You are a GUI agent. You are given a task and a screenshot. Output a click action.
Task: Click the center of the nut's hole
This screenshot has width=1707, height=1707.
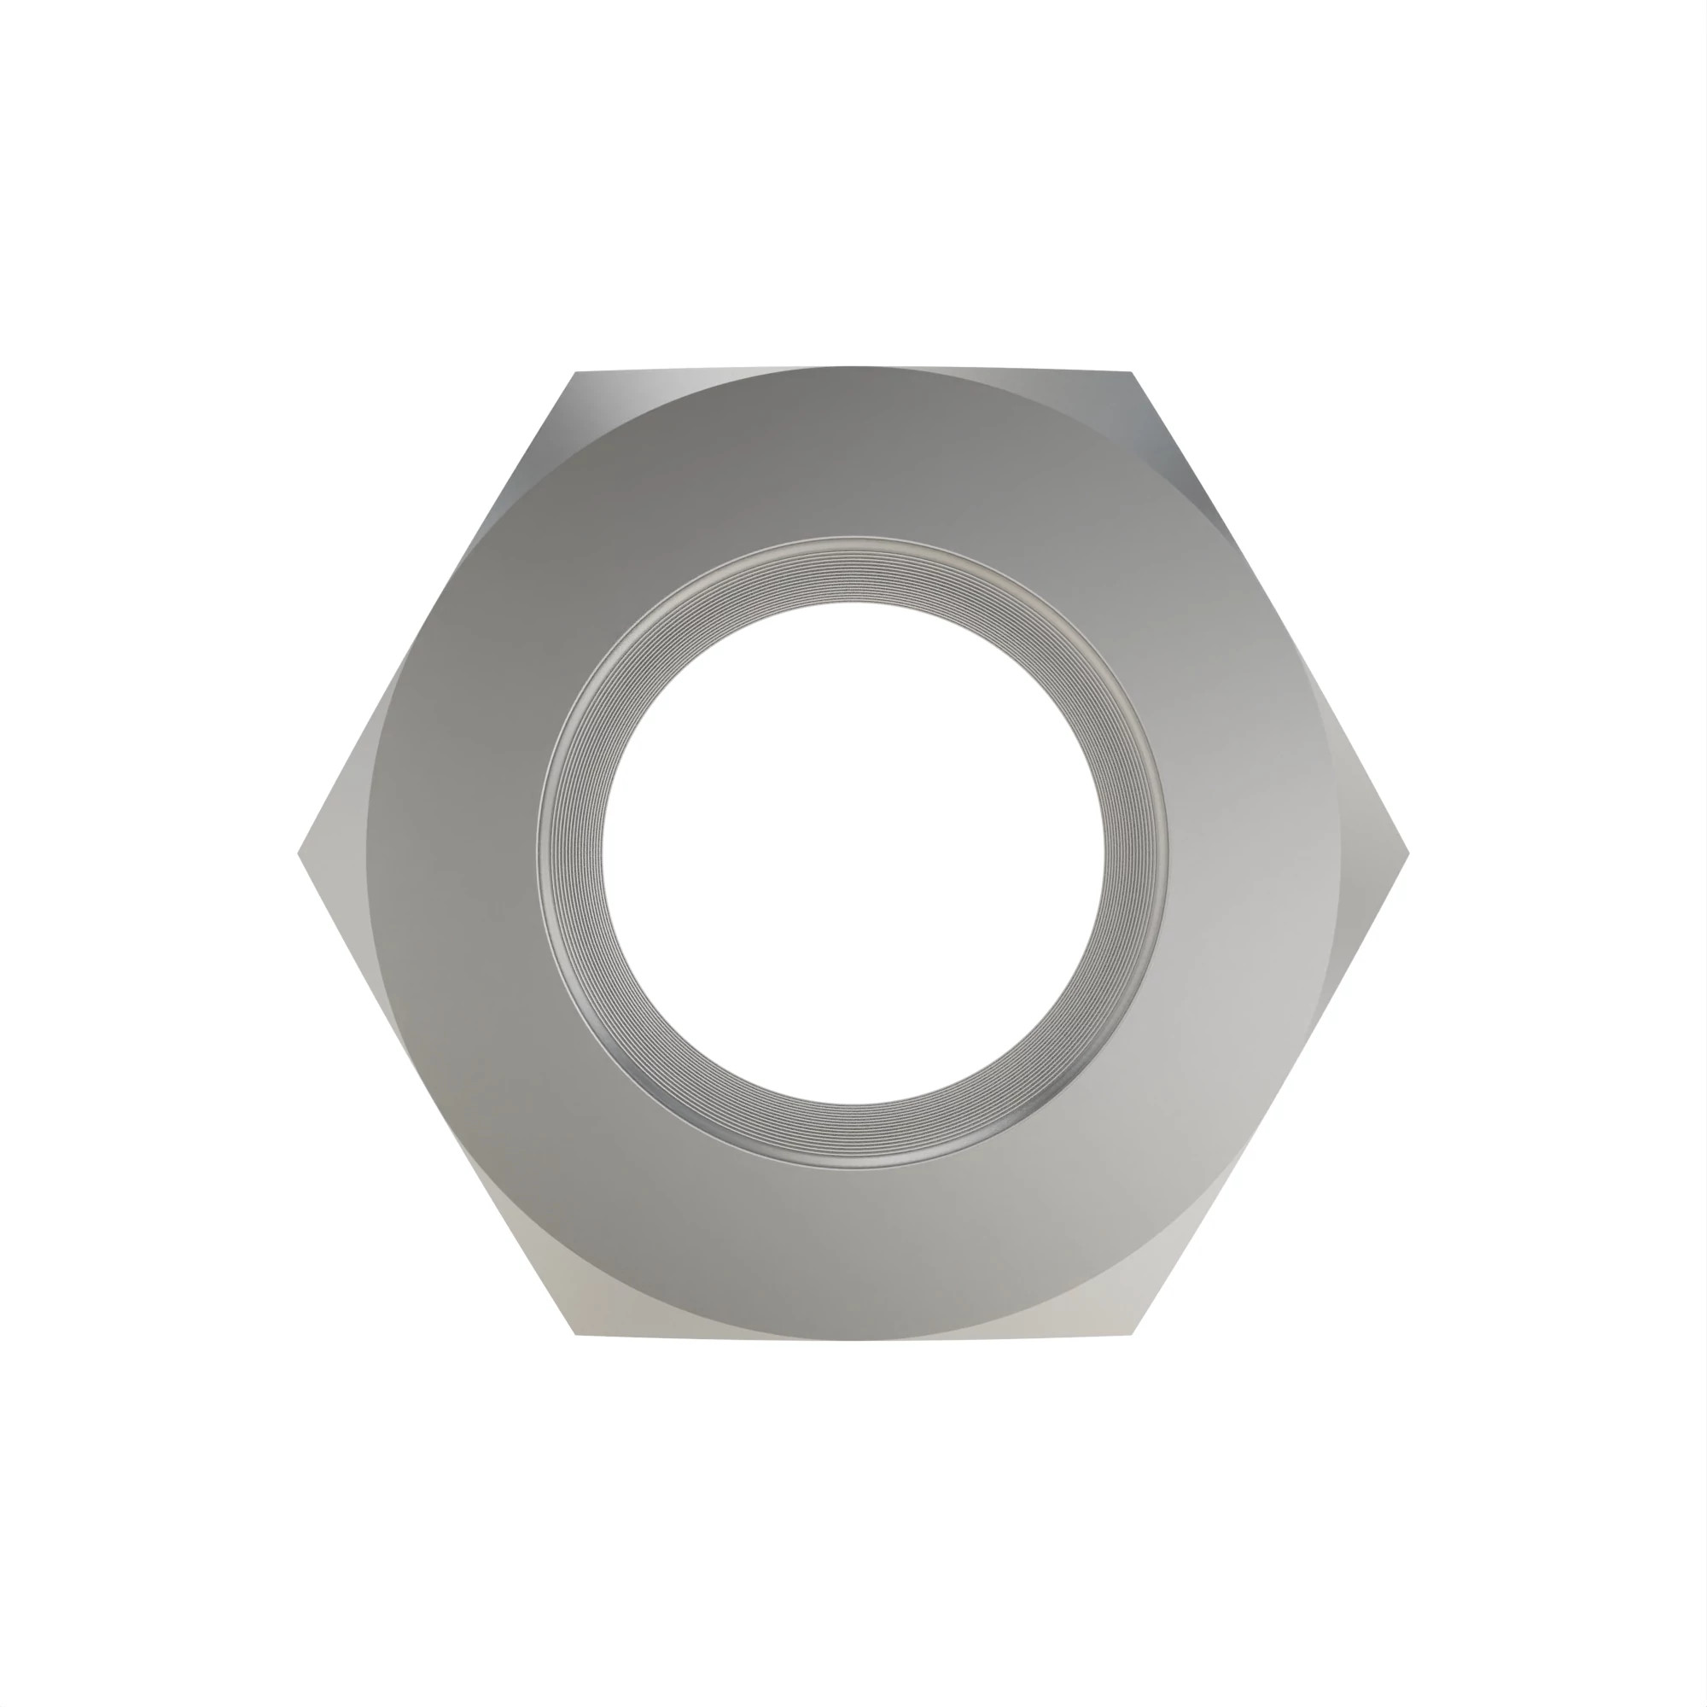point(853,853)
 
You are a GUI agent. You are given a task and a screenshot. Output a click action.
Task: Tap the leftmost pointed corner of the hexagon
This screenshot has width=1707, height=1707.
point(299,853)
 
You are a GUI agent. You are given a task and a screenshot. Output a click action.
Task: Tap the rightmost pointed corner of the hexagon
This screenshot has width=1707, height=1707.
point(1408,853)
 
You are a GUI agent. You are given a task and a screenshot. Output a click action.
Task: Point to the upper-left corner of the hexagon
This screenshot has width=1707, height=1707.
point(576,372)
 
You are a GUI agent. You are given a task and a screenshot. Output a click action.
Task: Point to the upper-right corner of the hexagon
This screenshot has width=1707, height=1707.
point(1131,372)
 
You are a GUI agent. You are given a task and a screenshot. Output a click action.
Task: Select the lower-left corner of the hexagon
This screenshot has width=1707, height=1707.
point(576,1334)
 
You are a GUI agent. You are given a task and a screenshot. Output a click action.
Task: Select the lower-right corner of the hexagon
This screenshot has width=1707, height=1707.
point(1131,1334)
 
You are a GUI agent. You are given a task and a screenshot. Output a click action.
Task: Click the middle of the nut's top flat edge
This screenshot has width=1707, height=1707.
point(853,368)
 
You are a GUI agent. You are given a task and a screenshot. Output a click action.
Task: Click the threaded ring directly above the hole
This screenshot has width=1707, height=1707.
point(853,570)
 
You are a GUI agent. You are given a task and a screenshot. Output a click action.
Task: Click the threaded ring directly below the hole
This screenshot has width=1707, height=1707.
point(853,1136)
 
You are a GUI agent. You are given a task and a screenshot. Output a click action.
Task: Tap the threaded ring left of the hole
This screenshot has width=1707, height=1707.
point(570,853)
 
